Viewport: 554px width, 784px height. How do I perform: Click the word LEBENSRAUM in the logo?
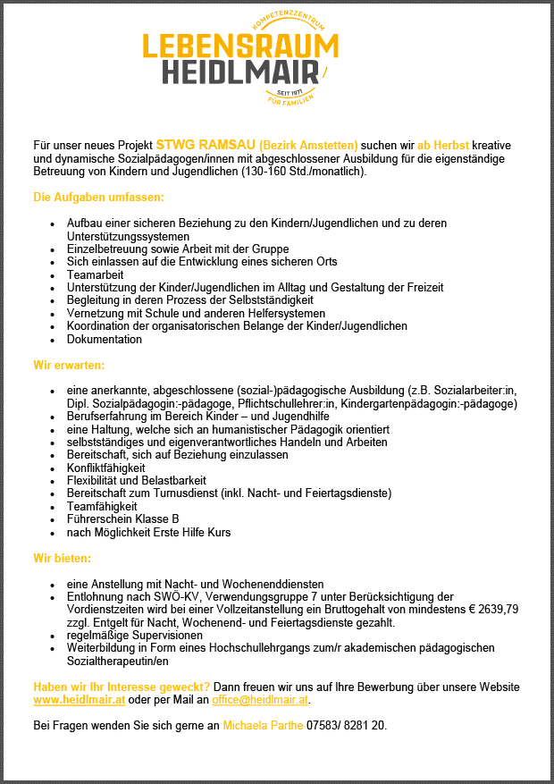(241, 46)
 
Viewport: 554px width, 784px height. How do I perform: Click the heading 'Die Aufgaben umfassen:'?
(98, 197)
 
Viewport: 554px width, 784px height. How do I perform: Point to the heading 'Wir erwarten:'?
(69, 365)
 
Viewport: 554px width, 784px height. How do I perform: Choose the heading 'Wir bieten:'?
(63, 559)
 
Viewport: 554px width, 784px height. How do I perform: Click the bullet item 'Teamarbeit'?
(95, 274)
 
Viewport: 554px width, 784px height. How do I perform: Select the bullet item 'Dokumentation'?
(104, 340)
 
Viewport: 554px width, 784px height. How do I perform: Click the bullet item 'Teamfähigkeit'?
(102, 506)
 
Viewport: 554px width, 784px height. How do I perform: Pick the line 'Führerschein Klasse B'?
(122, 519)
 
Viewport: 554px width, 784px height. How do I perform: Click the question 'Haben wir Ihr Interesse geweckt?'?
(122, 687)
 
